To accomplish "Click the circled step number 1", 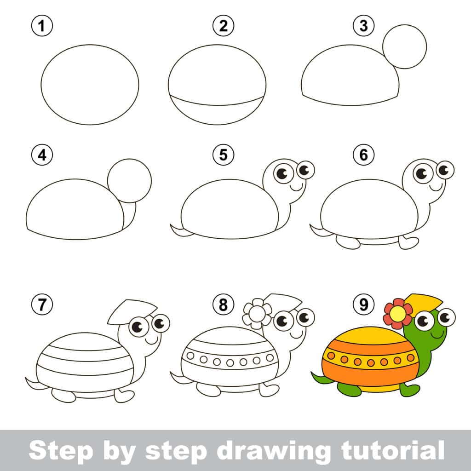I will pyautogui.click(x=42, y=26).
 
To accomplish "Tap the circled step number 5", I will pyautogui.click(x=223, y=155).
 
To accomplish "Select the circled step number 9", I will pyautogui.click(x=363, y=304).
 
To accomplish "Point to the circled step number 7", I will pyautogui.click(x=42, y=304).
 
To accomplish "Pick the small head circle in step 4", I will pyautogui.click(x=129, y=181).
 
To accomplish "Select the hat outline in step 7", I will pyautogui.click(x=132, y=310).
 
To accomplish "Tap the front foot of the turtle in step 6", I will pyautogui.click(x=408, y=242).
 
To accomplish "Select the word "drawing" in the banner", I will pyautogui.click(x=269, y=451).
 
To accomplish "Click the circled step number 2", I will pyautogui.click(x=223, y=26).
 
